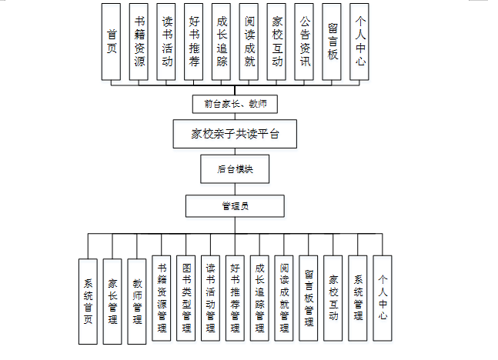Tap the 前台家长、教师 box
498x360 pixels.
click(235, 103)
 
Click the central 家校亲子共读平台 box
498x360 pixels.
click(235, 135)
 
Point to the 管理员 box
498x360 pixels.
click(235, 206)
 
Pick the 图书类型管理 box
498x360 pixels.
click(186, 298)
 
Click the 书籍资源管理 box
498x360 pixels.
click(162, 298)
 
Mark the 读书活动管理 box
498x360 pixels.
click(211, 298)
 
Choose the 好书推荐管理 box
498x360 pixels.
click(236, 298)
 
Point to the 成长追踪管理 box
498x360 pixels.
click(260, 298)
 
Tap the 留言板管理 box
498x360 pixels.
click(309, 298)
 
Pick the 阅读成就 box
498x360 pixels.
click(249, 42)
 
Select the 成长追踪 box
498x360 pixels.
click(222, 42)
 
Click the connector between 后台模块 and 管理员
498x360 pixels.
click(235, 189)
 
